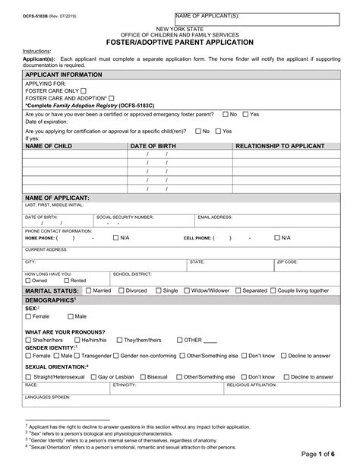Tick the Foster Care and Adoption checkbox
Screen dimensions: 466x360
tap(111, 97)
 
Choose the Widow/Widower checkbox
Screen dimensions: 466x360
tap(187, 290)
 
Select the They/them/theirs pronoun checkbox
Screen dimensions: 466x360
tap(118, 340)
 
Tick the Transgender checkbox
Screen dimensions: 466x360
tap(77, 355)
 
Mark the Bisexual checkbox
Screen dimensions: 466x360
tap(142, 376)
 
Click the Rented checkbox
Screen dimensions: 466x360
tap(66, 280)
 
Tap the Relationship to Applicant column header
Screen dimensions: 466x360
tap(281, 144)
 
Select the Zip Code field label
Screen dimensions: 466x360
tap(287, 261)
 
